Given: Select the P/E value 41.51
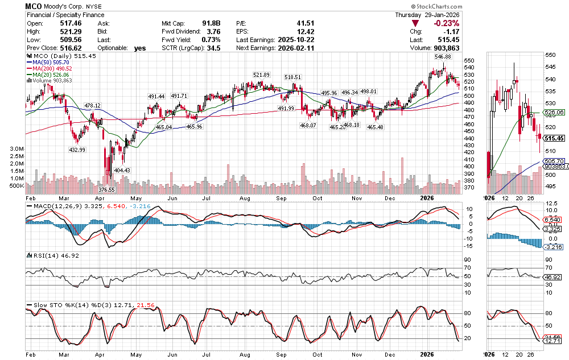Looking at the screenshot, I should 306,23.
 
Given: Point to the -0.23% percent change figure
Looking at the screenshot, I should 446,23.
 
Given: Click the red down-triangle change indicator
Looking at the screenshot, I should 416,23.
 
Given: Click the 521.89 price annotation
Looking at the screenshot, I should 261,75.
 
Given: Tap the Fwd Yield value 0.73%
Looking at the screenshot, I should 210,40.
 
